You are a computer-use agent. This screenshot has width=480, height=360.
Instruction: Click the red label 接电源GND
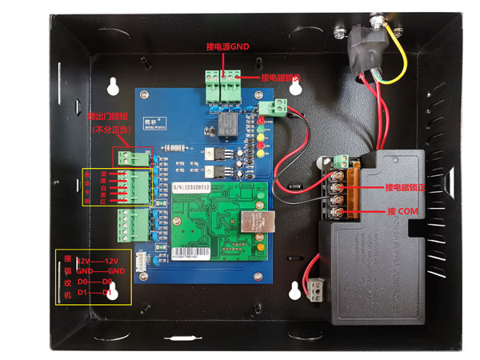pos(229,47)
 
